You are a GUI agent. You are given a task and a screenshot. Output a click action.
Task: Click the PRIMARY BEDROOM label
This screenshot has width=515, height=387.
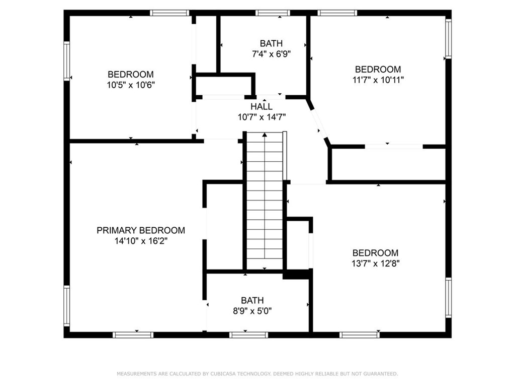[140, 230]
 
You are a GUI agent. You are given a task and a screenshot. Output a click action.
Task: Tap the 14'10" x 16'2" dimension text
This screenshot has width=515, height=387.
[140, 241]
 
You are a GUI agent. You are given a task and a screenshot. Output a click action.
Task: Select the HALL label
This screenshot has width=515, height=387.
[262, 106]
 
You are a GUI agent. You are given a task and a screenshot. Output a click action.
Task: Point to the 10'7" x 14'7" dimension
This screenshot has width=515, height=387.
[262, 117]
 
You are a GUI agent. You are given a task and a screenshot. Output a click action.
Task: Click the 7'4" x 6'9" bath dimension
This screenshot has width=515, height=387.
[271, 53]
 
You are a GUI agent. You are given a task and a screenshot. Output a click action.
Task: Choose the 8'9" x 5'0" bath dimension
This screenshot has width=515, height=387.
[252, 311]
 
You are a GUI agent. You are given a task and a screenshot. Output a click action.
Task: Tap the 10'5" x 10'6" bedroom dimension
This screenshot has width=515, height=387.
[130, 85]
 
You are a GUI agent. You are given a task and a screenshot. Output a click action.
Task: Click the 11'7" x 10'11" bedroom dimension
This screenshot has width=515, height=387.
[378, 80]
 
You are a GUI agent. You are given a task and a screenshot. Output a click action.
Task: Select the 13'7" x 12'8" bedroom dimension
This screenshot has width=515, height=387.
[375, 263]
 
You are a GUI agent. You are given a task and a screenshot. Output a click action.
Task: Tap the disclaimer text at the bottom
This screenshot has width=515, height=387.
[257, 374]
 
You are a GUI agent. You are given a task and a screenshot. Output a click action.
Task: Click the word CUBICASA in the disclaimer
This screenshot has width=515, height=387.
[220, 374]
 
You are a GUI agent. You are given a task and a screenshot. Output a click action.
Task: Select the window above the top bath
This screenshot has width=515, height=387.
[273, 13]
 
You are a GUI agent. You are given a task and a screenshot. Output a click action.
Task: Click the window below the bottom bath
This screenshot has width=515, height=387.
[248, 335]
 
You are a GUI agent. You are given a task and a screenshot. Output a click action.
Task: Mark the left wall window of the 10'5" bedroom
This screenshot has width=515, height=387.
[66, 60]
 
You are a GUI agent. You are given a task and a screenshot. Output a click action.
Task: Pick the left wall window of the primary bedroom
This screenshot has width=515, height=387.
[66, 306]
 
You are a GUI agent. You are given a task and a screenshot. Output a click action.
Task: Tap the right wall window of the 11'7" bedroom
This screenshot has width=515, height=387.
[448, 38]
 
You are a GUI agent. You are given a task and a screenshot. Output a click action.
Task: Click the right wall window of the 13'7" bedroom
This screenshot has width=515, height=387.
[448, 297]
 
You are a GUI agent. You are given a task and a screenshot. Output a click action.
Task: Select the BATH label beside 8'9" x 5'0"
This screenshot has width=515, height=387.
[252, 300]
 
